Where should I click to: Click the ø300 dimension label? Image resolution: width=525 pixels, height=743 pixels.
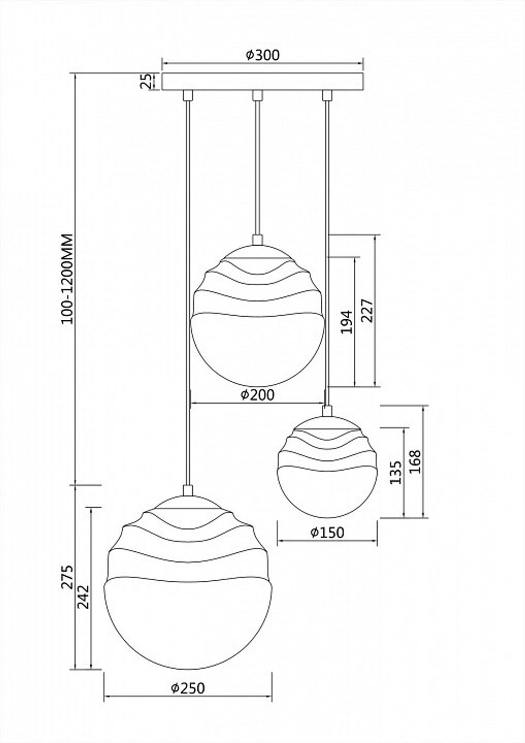click(262, 55)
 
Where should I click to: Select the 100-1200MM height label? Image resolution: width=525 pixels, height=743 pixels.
click(67, 278)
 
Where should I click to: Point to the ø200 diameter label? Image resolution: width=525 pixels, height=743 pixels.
click(257, 395)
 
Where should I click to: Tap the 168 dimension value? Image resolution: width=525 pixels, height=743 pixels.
click(415, 461)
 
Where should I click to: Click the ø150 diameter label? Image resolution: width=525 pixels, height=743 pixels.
click(327, 532)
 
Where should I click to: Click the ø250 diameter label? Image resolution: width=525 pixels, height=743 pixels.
click(188, 688)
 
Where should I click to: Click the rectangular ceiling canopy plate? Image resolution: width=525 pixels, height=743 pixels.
click(262, 81)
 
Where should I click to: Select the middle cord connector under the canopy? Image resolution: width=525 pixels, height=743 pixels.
click(257, 95)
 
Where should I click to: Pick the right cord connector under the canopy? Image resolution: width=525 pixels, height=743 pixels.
click(327, 95)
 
